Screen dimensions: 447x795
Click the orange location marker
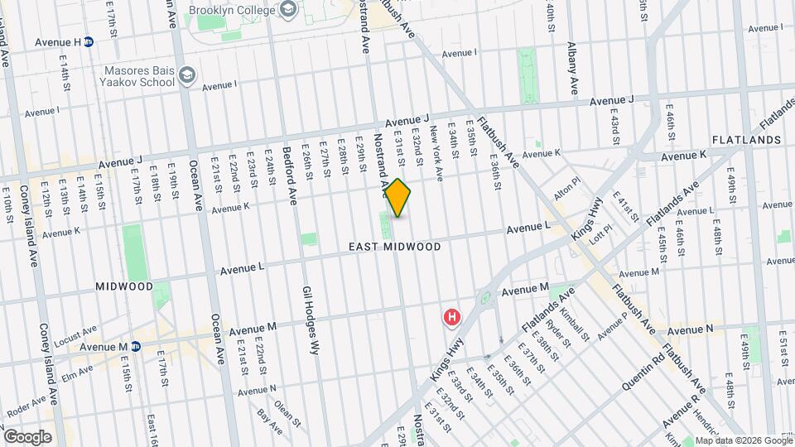(x=398, y=198)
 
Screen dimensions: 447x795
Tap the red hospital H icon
(x=452, y=317)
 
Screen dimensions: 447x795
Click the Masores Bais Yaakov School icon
(x=186, y=75)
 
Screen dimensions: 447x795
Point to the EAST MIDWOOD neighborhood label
(x=394, y=247)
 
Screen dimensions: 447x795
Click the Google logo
(x=27, y=436)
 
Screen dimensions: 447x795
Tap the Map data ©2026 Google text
(x=743, y=440)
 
